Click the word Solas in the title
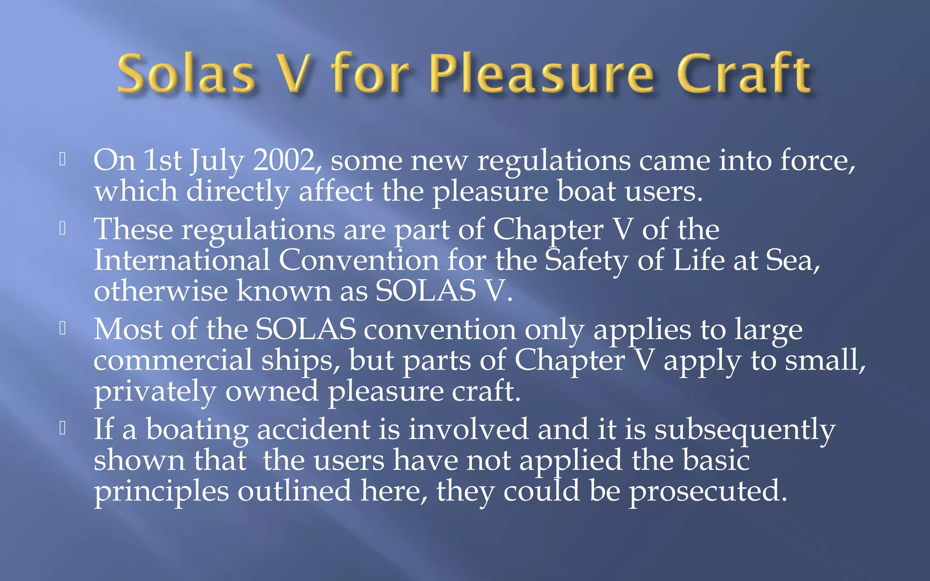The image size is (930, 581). [x=186, y=74]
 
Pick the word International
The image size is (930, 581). [x=182, y=261]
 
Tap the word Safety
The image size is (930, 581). [x=586, y=261]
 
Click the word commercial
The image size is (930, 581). [x=173, y=360]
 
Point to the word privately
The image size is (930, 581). [x=154, y=391]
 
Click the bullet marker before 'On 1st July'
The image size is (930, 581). [x=63, y=159]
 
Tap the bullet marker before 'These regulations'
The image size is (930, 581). [x=63, y=228]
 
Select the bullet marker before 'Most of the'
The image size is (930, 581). [x=63, y=328]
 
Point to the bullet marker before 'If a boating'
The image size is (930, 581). [x=63, y=428]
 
